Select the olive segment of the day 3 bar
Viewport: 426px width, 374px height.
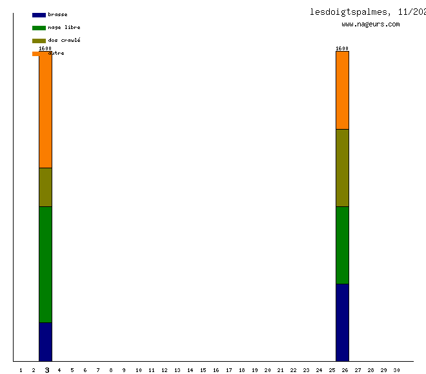click(45, 187)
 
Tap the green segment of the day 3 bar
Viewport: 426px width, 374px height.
click(45, 264)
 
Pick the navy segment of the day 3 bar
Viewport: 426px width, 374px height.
click(45, 342)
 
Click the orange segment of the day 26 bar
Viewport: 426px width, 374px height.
click(342, 90)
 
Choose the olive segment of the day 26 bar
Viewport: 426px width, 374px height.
click(342, 168)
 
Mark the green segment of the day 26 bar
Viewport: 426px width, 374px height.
click(342, 245)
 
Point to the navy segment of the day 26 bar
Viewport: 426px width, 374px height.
click(342, 322)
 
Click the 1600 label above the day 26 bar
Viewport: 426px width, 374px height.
click(342, 48)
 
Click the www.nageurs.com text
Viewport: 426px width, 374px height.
click(370, 25)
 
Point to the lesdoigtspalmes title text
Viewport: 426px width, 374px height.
click(349, 12)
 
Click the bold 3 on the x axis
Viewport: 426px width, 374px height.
click(47, 370)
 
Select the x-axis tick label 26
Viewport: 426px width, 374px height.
click(345, 370)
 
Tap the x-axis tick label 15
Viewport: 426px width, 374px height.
click(203, 370)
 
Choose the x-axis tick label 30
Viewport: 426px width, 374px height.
click(397, 370)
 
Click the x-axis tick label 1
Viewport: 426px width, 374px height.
click(21, 370)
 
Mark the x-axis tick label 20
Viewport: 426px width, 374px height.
click(267, 370)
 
